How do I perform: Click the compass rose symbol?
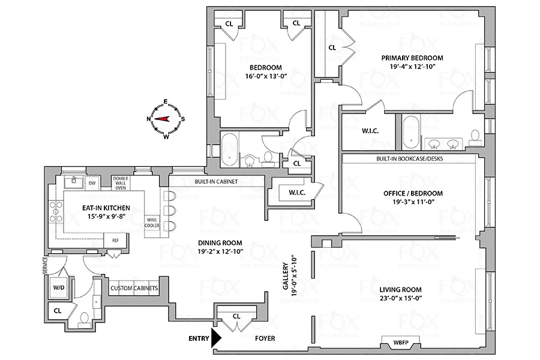[166, 119]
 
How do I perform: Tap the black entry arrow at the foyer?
[216, 338]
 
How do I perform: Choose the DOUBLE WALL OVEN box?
[121, 183]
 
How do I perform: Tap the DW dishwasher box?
[92, 183]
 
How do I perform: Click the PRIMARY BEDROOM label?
[412, 58]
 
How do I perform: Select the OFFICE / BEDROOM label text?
[413, 193]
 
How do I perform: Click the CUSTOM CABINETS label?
[134, 289]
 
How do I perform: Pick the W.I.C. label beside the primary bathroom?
[369, 130]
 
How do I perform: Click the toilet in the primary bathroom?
[475, 138]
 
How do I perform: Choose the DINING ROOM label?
[220, 243]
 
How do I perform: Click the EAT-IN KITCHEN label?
[106, 207]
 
